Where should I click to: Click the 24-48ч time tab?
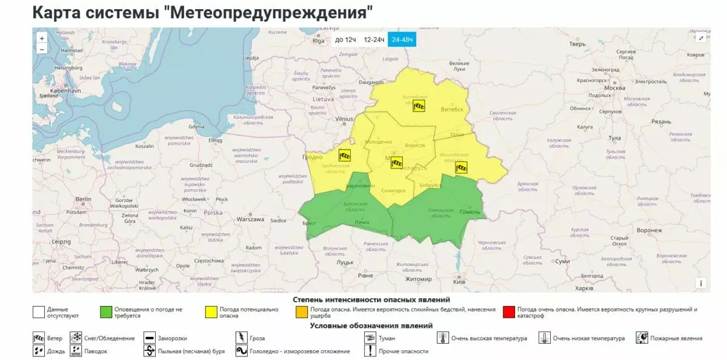[402, 40]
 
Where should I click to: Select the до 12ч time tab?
[345, 40]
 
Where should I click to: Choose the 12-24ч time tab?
[374, 40]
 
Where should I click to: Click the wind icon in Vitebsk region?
[419, 107]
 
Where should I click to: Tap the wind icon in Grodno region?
[345, 155]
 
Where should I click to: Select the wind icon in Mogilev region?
[462, 167]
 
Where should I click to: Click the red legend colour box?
[508, 313]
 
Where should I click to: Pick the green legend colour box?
[106, 313]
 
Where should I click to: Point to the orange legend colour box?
[300, 313]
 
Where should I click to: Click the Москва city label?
[614, 88]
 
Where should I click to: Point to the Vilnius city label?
[344, 119]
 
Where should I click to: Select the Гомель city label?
[470, 212]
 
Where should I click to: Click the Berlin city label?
[83, 199]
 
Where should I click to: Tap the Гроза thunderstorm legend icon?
[241, 338]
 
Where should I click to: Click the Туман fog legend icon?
[368, 338]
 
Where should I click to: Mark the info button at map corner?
[701, 283]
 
